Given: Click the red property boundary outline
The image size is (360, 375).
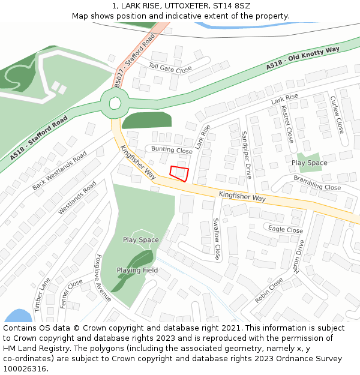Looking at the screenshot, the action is coord(179,173).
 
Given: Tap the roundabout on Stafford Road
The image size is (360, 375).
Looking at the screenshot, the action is coord(114,103).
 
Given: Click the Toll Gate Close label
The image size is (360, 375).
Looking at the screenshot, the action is coord(170,69).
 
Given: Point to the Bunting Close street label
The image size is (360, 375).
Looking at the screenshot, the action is coord(172,150).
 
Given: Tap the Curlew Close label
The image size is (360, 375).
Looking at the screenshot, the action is coord(337,114).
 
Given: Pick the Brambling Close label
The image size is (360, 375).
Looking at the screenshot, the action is coord(317,183).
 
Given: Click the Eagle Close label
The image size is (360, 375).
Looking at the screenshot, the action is coord(286,229).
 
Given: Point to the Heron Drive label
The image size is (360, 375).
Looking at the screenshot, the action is coord(299,256).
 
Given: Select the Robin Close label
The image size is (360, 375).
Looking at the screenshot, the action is coord(268,290).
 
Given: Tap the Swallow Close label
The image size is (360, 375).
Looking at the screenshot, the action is coord(217,238).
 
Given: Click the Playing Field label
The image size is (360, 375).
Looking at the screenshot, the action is coord(137,270).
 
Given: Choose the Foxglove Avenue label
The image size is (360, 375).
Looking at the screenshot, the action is coord(103,277).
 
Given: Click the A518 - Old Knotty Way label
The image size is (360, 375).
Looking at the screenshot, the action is coord(303,57).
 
